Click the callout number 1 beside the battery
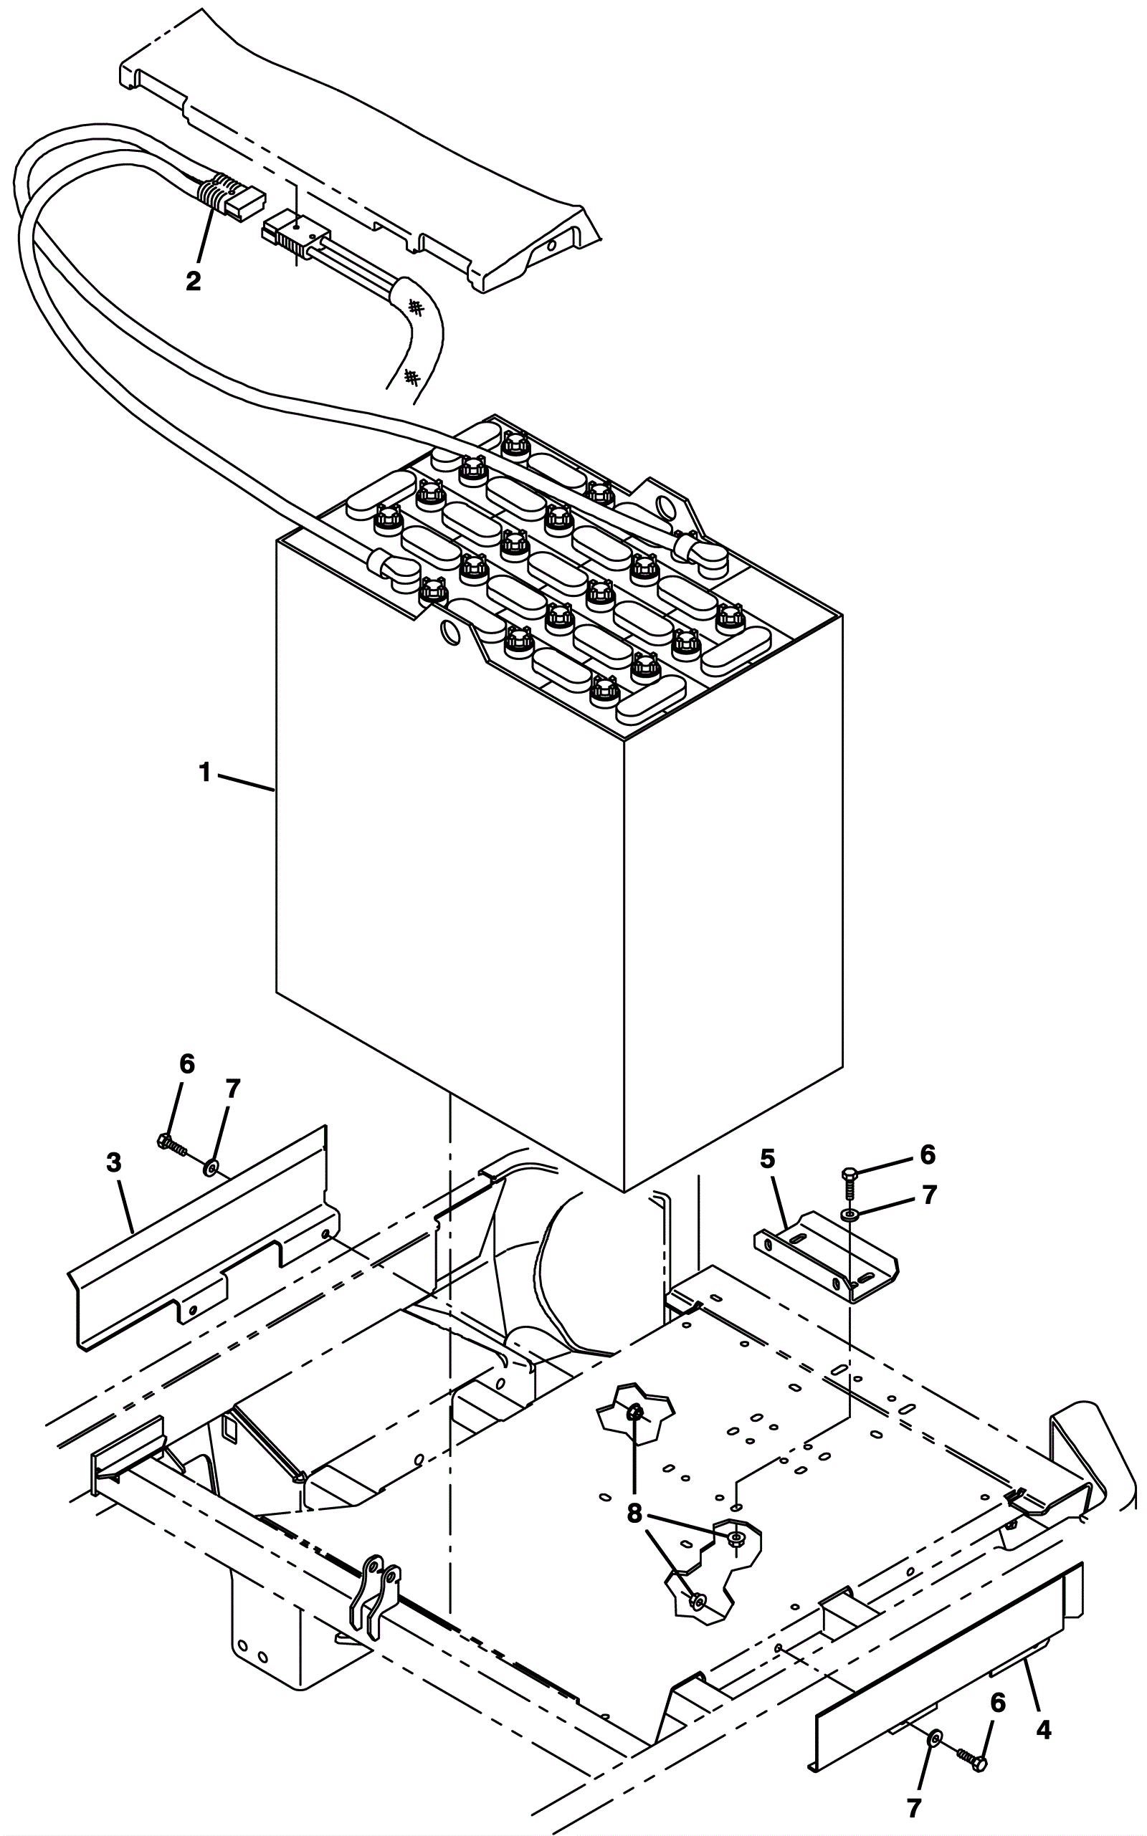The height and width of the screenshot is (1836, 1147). [204, 773]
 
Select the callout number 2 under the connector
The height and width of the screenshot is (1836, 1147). [194, 282]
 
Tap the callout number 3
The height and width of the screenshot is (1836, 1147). [115, 1162]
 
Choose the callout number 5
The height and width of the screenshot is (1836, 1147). [768, 1158]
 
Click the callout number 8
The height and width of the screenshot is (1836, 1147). [635, 1514]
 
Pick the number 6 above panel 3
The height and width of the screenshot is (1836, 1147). [186, 1065]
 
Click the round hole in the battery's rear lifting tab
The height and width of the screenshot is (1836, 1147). [666, 505]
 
